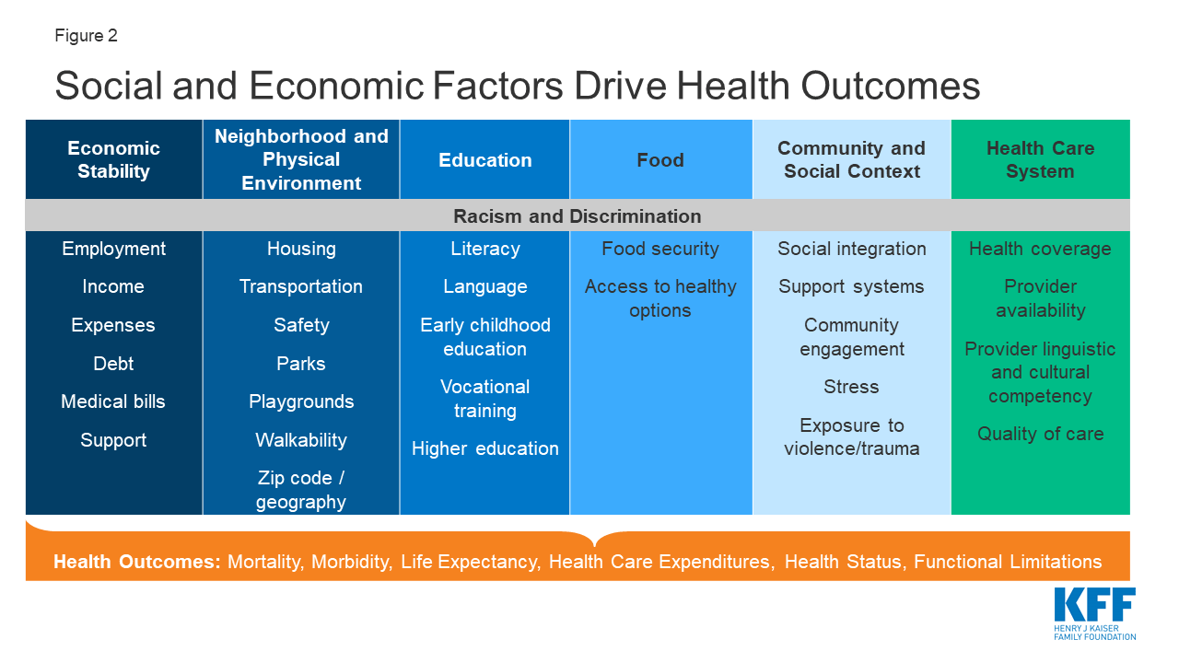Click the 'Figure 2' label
86,36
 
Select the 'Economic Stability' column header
113,159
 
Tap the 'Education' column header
485,159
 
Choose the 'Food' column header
660,159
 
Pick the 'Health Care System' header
1040,159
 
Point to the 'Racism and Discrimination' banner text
578,216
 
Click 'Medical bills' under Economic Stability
113,401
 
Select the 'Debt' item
113,363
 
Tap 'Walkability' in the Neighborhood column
301,440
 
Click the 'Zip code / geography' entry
301,490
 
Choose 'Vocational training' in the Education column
485,399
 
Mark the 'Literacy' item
485,249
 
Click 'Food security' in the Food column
660,249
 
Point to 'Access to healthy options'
660,298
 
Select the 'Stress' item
851,387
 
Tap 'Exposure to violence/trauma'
851,436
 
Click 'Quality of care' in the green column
1040,434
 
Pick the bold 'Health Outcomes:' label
136,562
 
